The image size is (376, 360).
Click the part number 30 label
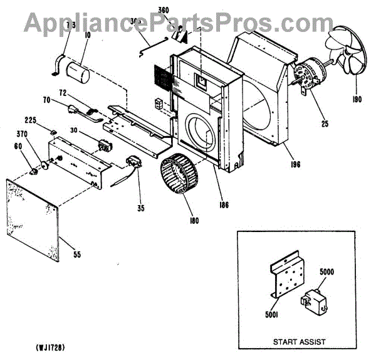tap(73, 130)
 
